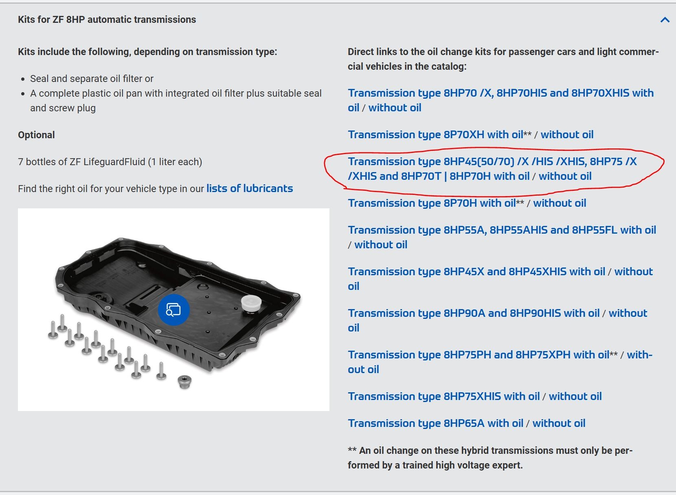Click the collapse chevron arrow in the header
point(665,20)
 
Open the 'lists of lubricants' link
point(250,188)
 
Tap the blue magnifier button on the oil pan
point(173,309)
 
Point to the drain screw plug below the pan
point(184,382)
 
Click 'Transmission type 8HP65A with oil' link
point(435,423)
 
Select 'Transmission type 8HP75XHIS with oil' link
point(443,396)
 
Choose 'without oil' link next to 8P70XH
point(567,135)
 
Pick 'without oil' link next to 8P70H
point(560,203)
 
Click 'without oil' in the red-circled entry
point(565,176)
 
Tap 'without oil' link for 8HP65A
point(559,423)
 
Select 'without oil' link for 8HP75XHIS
point(575,396)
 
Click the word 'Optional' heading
point(36,135)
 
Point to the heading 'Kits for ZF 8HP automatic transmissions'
point(107,20)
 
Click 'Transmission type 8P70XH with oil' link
point(435,135)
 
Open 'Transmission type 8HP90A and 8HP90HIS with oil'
point(474,313)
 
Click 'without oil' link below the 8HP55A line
point(380,245)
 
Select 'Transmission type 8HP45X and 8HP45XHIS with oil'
point(476,272)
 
